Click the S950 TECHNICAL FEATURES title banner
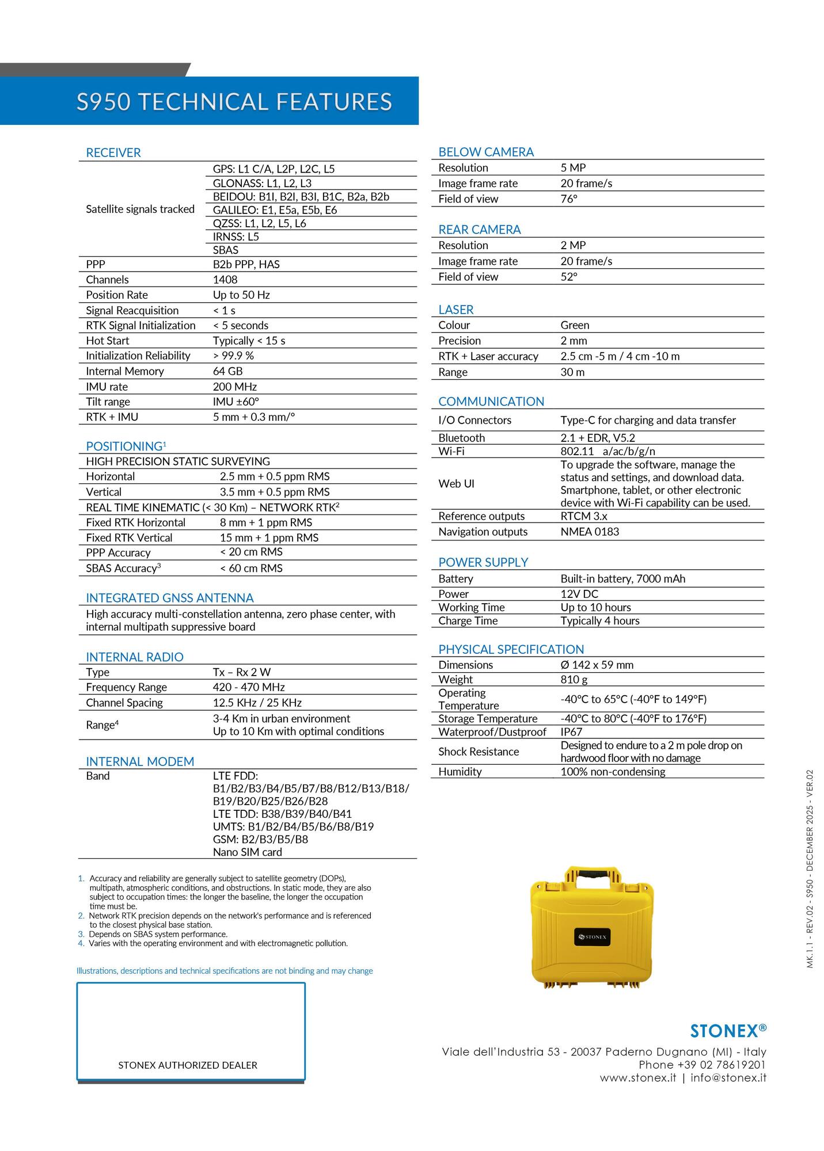(234, 101)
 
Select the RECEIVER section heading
(113, 153)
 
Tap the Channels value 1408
(225, 280)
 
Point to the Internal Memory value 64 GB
(227, 371)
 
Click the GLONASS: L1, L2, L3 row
(262, 183)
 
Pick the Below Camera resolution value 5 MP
(573, 167)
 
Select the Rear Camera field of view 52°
(568, 277)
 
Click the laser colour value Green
(575, 325)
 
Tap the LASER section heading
(455, 310)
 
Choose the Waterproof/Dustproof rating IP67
(571, 732)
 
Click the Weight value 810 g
(574, 680)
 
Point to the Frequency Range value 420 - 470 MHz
(249, 687)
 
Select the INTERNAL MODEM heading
(140, 761)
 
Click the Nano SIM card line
(247, 852)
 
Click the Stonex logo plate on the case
(592, 937)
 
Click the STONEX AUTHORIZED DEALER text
(188, 1065)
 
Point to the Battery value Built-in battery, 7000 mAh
(622, 579)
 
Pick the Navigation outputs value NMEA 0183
(590, 532)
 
